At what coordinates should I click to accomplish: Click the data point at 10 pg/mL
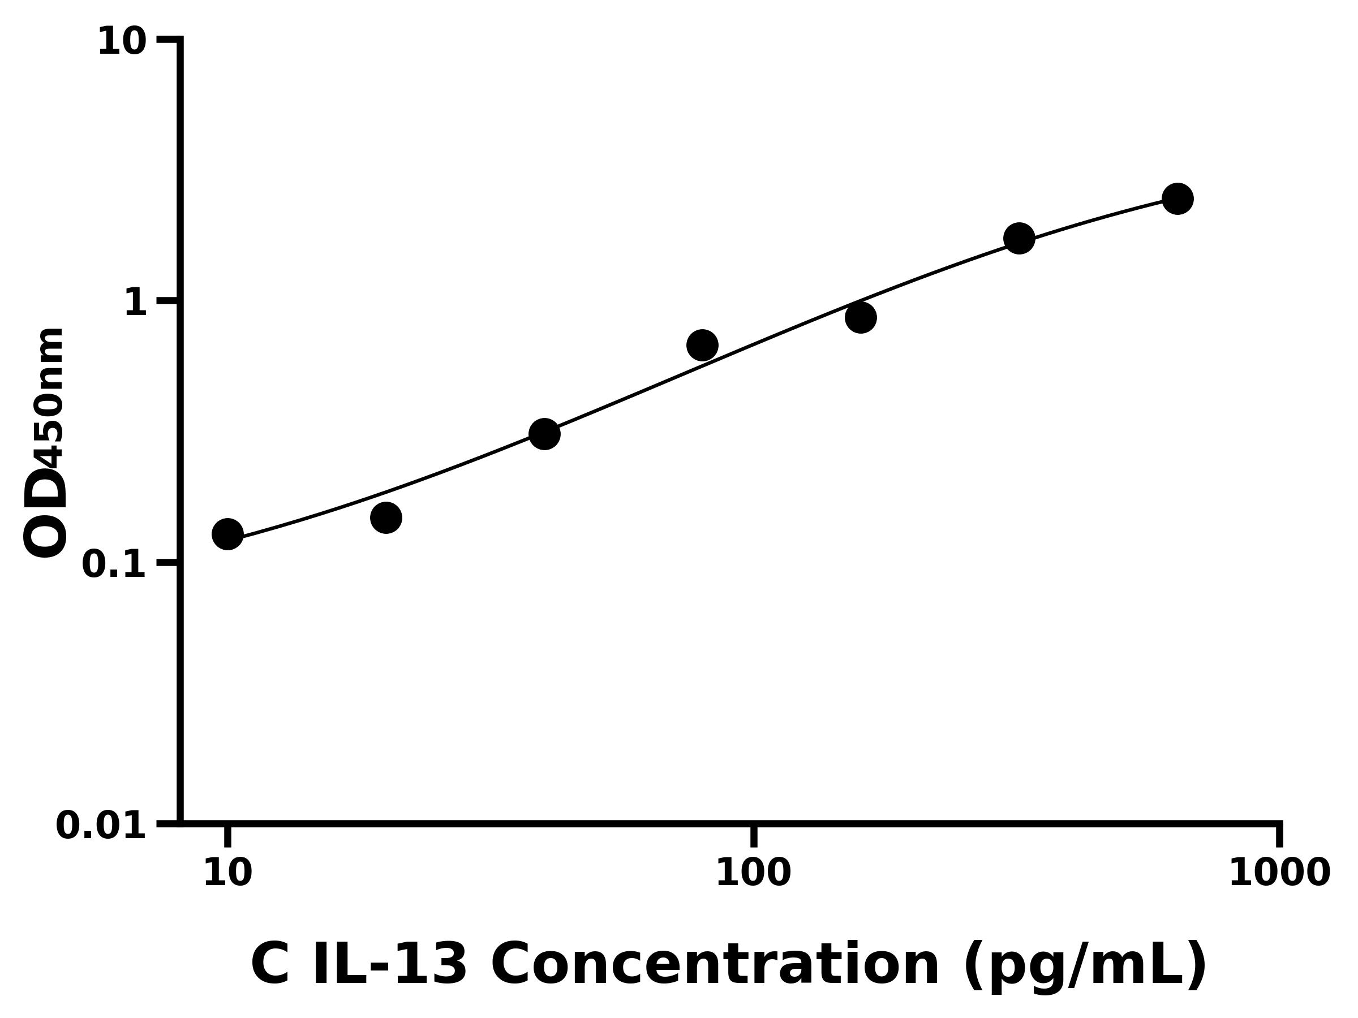[227, 534]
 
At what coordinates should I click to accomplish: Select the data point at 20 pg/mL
[386, 517]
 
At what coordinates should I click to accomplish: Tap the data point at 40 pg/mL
[544, 434]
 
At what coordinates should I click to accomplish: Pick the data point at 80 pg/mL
[702, 345]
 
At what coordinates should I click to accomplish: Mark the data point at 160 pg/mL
[861, 317]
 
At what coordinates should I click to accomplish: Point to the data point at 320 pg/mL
[1019, 238]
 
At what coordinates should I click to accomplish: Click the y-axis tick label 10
[122, 42]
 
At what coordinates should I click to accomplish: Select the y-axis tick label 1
[136, 303]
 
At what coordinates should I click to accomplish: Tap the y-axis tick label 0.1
[114, 564]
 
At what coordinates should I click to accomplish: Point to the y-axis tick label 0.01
[101, 826]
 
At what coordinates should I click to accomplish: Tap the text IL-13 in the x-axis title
[390, 965]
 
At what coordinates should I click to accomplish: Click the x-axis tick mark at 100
[754, 836]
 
